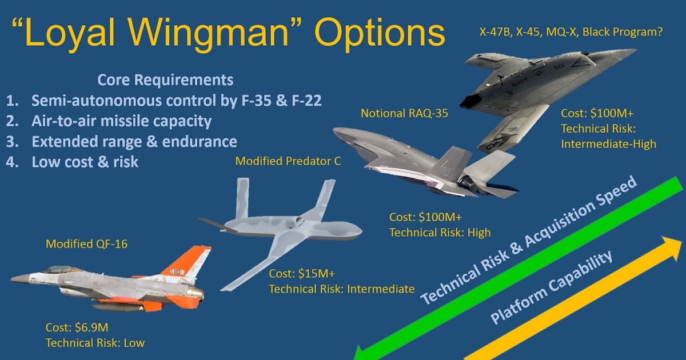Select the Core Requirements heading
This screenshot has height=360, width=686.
(x=165, y=79)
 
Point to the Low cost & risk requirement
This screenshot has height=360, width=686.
(x=85, y=162)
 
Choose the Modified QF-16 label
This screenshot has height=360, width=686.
(x=86, y=244)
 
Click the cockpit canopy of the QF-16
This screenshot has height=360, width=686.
(x=56, y=269)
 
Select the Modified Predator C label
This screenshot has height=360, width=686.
(x=288, y=161)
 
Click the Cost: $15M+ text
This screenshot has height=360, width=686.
(x=300, y=274)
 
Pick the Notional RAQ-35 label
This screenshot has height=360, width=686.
(x=404, y=114)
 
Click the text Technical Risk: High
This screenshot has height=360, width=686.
(x=440, y=233)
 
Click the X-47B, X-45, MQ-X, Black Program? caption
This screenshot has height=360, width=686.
(x=571, y=33)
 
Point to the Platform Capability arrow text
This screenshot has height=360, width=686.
(x=552, y=287)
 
